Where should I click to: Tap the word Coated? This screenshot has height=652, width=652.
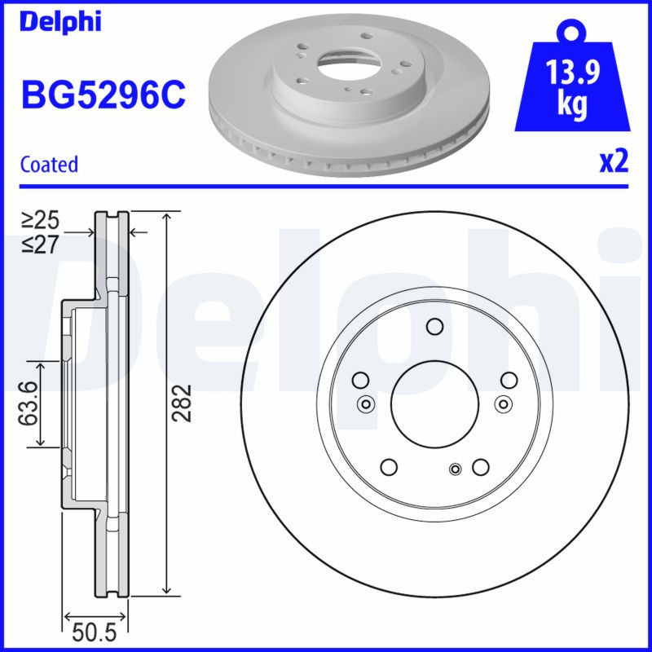49,164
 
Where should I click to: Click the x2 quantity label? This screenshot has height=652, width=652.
614,162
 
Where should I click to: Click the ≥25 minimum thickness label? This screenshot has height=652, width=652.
40,220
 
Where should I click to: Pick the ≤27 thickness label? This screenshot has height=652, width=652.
40,243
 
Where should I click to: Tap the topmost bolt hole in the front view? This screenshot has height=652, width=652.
434,328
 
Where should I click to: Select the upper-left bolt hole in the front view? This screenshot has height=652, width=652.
359,380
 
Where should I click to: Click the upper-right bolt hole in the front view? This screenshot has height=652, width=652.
509,380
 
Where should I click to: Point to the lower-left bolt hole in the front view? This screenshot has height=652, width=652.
389,467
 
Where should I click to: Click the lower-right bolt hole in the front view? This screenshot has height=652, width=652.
480,467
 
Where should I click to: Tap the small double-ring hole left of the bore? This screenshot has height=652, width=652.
365,403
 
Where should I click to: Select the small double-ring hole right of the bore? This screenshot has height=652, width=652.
503,403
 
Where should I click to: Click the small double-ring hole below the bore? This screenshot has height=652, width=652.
456,468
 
